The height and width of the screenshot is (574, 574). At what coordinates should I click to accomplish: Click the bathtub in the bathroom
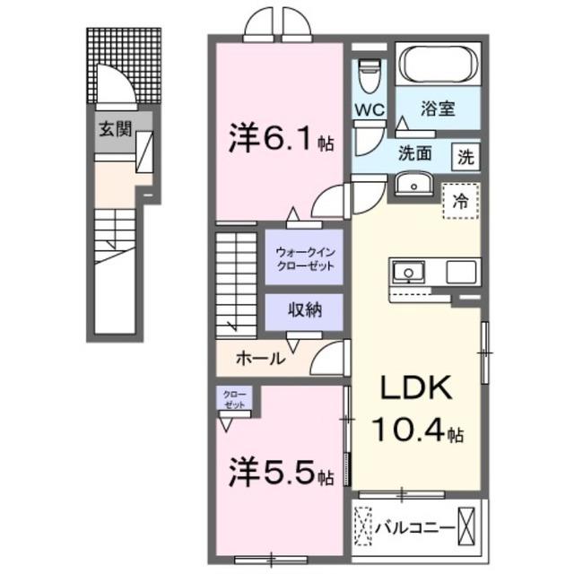coord(438,65)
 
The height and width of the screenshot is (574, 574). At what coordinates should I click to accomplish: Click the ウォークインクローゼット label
coord(304,259)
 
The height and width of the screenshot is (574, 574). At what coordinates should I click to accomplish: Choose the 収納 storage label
coord(303,311)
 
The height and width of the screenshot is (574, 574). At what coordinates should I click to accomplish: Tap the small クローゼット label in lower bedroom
coord(233,399)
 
